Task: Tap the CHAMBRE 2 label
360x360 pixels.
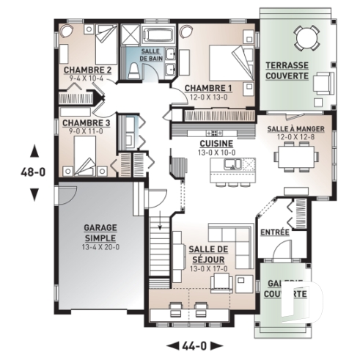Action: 87,70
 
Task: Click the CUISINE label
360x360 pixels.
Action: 216,144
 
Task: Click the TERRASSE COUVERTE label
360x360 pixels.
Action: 287,70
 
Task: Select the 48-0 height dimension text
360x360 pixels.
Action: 33,174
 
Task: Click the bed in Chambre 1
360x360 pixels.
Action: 227,60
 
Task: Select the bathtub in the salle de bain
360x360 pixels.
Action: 156,34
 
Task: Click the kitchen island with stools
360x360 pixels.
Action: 227,170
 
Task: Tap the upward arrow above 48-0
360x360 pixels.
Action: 34,152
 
